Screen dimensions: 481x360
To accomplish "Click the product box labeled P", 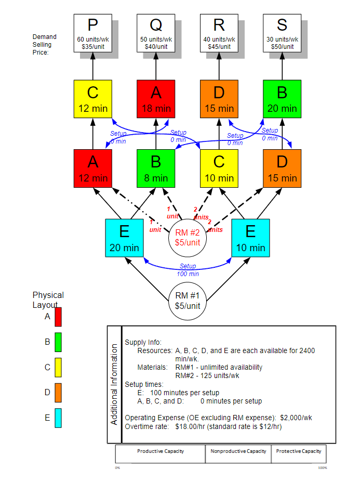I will [x=92, y=33].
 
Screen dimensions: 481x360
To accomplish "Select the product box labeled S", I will [x=282, y=33].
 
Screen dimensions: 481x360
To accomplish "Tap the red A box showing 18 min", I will [x=156, y=99].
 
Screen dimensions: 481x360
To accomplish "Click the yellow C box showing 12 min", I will [x=92, y=99].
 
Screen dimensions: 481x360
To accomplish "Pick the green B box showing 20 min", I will [x=282, y=99].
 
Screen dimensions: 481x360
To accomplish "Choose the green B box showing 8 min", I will [x=156, y=168].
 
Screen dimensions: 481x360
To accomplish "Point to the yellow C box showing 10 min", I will [x=219, y=168].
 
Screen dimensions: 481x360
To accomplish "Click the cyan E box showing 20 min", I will [x=124, y=238].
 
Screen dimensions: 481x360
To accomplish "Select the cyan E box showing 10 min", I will [x=250, y=238].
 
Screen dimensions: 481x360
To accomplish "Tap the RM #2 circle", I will [x=188, y=238].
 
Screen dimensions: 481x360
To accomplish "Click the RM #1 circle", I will [x=188, y=301].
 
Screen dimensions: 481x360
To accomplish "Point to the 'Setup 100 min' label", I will [x=188, y=270].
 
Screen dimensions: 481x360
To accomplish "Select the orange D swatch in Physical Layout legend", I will [x=58, y=393].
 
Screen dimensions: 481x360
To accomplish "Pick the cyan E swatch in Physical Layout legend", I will [x=58, y=418].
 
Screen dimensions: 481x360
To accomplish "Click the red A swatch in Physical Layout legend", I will [x=58, y=316].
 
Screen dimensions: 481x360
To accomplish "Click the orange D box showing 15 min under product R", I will [x=219, y=99].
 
